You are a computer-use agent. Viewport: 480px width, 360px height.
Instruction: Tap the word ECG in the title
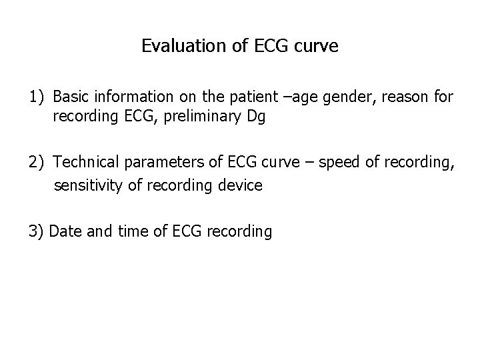click(268, 47)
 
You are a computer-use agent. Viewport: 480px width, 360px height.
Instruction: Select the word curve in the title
click(317, 47)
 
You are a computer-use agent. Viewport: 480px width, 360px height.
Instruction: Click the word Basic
click(71, 97)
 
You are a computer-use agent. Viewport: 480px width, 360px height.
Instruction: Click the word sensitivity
click(86, 185)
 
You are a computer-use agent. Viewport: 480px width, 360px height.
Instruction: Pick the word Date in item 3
click(64, 231)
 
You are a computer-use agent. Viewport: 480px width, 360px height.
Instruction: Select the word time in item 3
click(120, 231)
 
